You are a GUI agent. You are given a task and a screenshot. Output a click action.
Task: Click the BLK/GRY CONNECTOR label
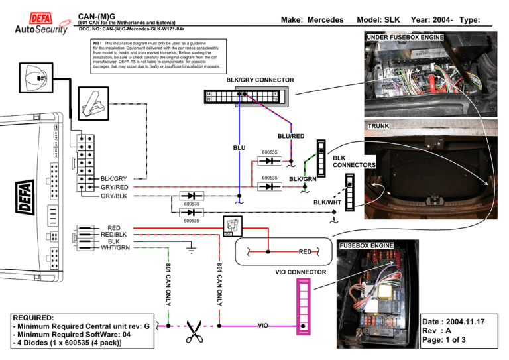click(x=260, y=80)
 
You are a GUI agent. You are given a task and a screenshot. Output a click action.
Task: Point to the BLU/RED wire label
click(x=291, y=137)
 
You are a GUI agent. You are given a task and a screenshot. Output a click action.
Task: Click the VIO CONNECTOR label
click(x=300, y=272)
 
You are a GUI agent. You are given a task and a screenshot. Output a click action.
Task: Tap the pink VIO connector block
click(x=303, y=304)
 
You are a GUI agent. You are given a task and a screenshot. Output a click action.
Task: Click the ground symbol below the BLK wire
click(x=192, y=250)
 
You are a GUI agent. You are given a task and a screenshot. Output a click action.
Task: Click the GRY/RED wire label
click(x=114, y=187)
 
